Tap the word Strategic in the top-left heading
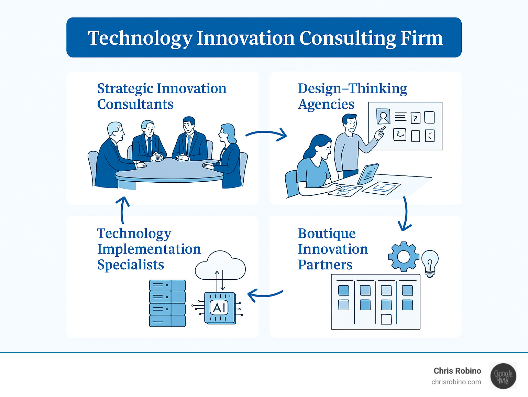[125, 89]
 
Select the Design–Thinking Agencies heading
[352, 96]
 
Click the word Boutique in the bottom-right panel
[327, 234]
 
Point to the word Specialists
[131, 265]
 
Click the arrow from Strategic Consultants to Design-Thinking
[266, 134]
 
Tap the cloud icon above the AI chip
[220, 265]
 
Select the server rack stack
[167, 303]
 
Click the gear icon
[404, 257]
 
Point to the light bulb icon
[430, 264]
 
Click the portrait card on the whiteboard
[383, 117]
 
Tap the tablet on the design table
[368, 174]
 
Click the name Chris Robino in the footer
[457, 371]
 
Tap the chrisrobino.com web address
[456, 382]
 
